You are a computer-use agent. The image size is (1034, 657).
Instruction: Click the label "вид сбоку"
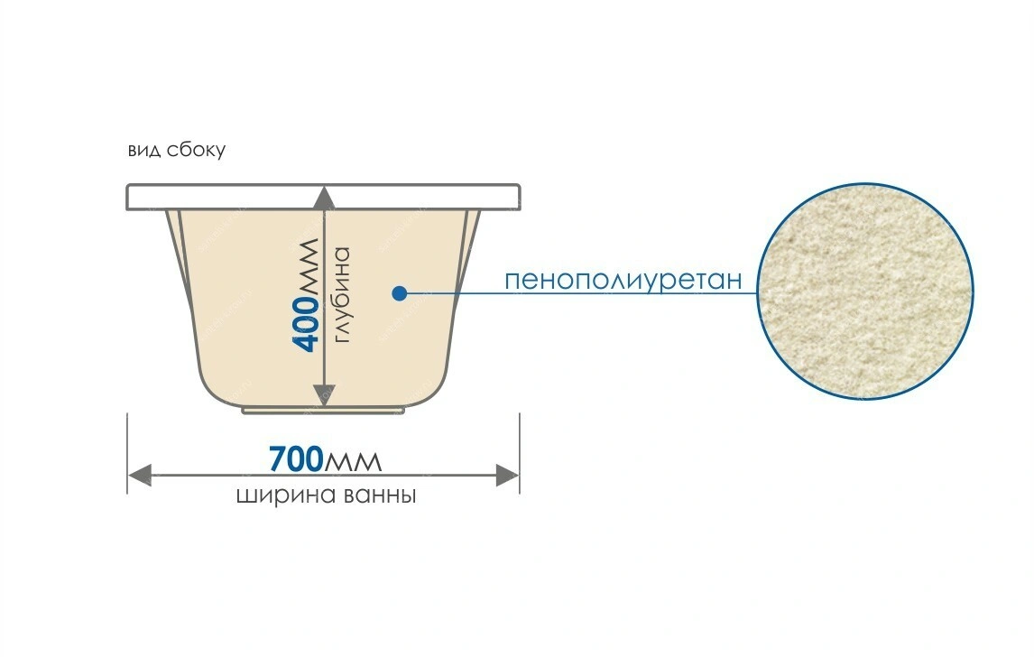177,151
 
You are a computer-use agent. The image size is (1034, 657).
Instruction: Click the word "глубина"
342,295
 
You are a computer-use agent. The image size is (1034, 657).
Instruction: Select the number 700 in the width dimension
296,459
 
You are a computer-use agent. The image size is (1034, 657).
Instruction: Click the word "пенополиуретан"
623,280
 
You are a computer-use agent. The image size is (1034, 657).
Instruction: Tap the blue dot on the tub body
399,293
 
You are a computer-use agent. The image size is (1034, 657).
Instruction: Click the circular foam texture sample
865,291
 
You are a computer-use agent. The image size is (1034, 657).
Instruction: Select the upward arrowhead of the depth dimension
322,198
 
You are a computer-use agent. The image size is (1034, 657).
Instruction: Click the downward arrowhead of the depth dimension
322,396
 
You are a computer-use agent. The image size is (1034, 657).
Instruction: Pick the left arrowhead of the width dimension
140,475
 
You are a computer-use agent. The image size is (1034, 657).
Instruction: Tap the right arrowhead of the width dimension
507,475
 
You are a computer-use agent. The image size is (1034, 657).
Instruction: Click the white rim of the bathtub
323,198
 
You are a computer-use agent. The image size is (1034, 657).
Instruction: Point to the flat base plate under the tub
323,411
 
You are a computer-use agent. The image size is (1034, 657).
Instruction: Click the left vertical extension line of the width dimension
127,453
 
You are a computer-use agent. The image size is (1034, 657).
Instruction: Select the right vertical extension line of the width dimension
520,453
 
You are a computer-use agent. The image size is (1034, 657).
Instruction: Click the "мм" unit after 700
353,461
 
